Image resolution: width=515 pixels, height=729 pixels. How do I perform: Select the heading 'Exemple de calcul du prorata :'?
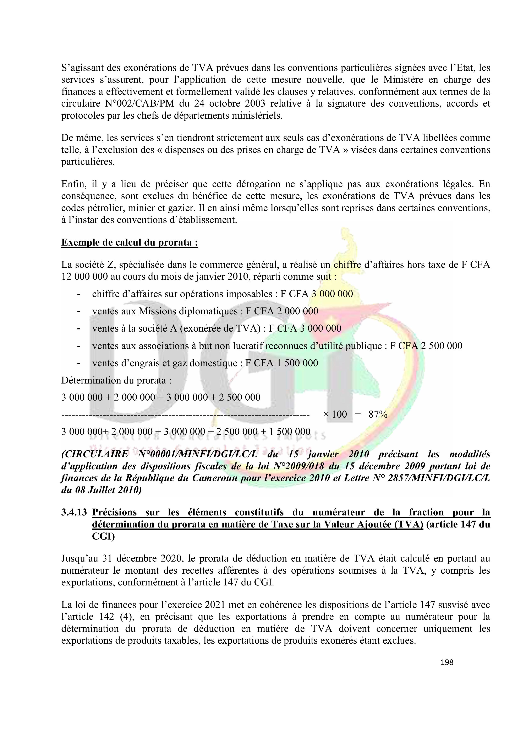click(130, 243)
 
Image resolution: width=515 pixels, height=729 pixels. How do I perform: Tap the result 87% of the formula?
click(378, 414)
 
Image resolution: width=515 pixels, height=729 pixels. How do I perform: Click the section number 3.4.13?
click(74, 513)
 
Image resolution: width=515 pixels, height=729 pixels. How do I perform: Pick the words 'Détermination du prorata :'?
click(116, 380)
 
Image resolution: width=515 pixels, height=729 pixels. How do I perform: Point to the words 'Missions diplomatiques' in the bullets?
click(189, 311)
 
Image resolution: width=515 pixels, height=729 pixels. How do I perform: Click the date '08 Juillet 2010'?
click(107, 490)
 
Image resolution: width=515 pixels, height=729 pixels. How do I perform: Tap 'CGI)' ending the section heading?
click(103, 537)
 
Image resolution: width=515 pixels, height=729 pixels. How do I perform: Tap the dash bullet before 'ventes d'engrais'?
click(78, 363)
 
